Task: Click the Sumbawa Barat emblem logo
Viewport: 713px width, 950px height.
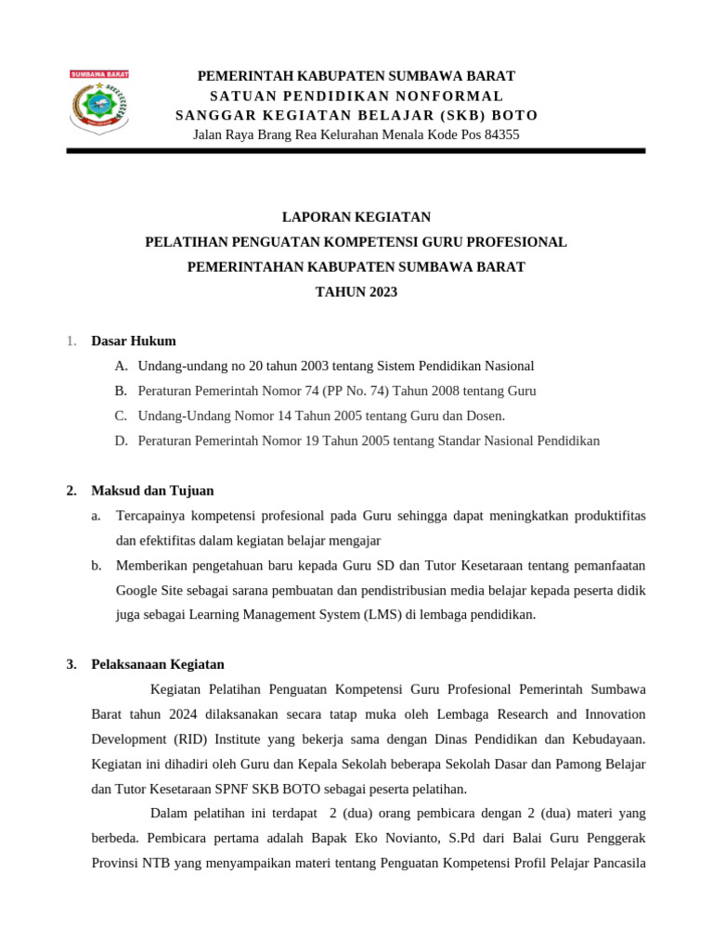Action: coord(99,102)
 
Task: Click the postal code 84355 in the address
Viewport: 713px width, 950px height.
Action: coord(497,135)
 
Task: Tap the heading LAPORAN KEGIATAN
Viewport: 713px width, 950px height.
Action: coord(356,217)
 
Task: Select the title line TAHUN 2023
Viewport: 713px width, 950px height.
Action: coord(356,292)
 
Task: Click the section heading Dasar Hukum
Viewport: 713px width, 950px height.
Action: coord(134,341)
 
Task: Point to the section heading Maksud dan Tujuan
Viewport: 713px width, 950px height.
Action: coord(152,491)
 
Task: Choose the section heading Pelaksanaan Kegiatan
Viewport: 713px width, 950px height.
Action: coord(158,665)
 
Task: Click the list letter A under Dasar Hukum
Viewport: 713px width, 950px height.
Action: coord(121,366)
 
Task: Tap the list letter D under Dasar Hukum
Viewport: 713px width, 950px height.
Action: coord(121,442)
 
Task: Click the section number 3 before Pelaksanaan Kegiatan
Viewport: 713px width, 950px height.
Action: coord(71,665)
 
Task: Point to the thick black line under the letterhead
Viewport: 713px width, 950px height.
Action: coord(356,151)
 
